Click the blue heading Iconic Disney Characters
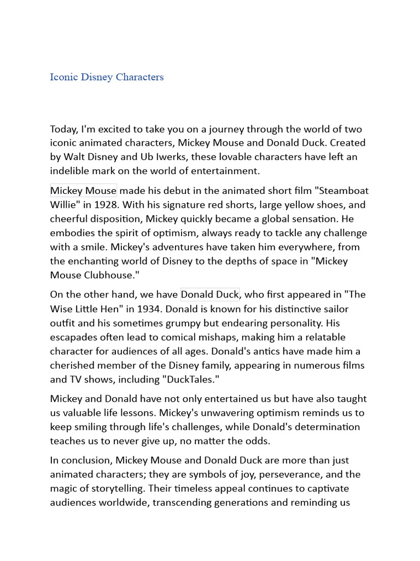(x=107, y=77)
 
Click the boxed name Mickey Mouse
(x=83, y=191)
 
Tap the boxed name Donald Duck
(x=209, y=294)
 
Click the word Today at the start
(x=64, y=129)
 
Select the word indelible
(x=71, y=171)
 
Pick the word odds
(x=257, y=440)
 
